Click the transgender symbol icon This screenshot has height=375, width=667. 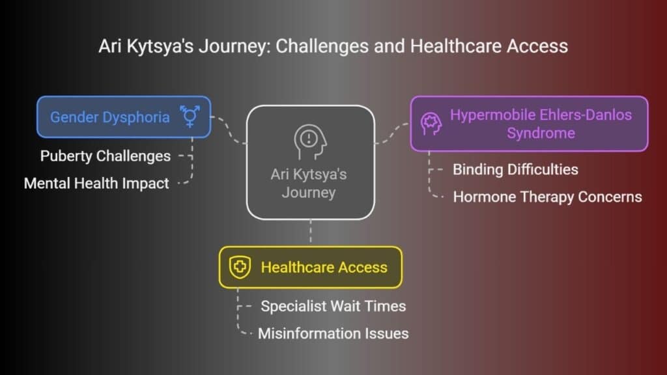pos(190,117)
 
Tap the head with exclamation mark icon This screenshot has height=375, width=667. pos(310,142)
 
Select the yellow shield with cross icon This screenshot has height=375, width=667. pos(240,267)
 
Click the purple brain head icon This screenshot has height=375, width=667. pos(431,124)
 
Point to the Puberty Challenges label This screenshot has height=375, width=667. pos(106,156)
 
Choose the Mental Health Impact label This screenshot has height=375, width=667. pos(96,183)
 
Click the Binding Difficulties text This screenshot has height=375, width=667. pos(515,170)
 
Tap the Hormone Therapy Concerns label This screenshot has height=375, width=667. pos(547,197)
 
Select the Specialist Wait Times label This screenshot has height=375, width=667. pos(333,306)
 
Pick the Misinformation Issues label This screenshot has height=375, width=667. pos(333,333)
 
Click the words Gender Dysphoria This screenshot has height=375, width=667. pos(109,117)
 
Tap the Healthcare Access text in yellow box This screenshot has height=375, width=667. pos(324,268)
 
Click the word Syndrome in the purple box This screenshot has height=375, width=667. pos(541,133)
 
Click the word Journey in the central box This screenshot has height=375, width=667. pos(309,193)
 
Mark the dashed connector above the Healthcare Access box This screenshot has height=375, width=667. pos(311,232)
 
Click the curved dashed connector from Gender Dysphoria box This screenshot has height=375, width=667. pos(229,129)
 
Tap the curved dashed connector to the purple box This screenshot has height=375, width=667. pos(392,133)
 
